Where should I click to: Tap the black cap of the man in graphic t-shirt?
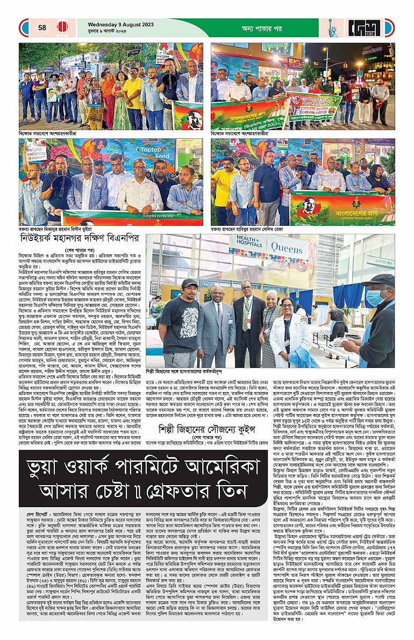pyautogui.click(x=189, y=283)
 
